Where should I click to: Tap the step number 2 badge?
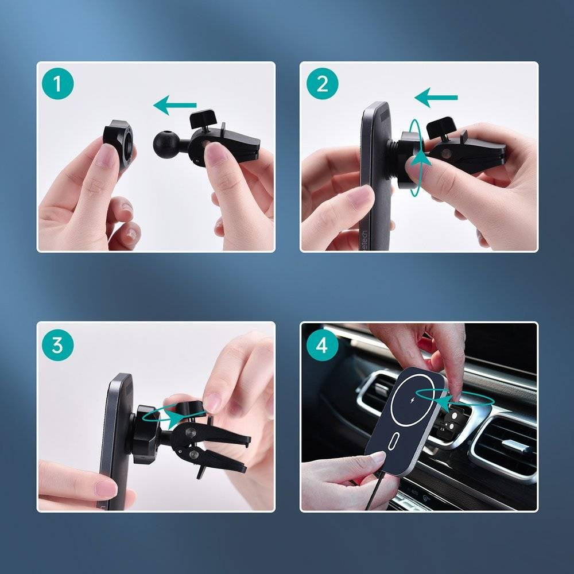tap(322, 84)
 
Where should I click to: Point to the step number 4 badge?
tap(322, 345)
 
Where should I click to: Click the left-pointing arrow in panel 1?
tap(174, 106)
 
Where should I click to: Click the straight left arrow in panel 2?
tap(436, 98)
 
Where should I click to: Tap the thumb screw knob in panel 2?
tap(441, 126)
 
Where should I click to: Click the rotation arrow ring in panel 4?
tap(453, 396)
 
